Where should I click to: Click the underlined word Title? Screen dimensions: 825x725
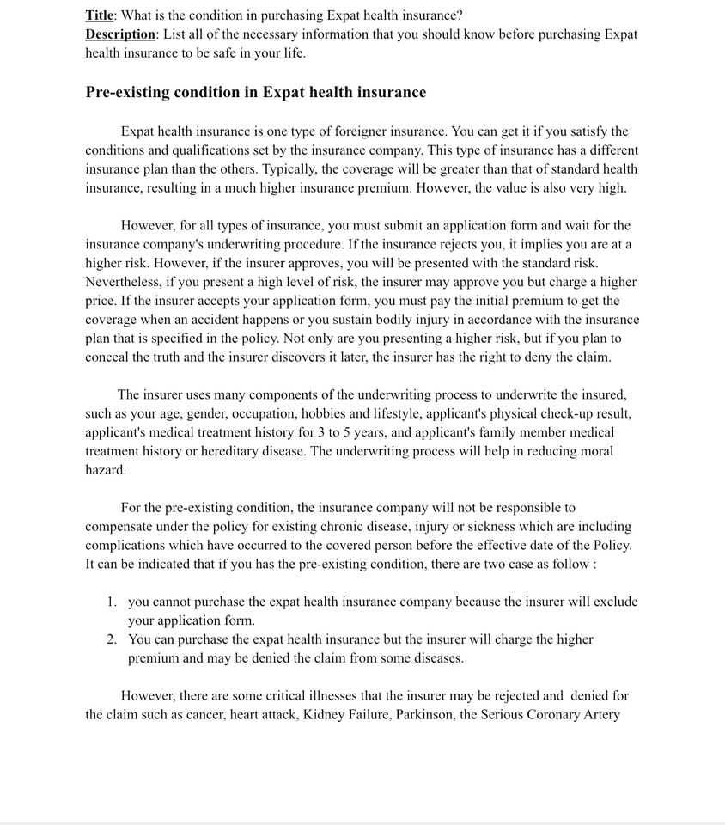[99, 15]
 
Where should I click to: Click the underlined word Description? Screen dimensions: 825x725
[120, 34]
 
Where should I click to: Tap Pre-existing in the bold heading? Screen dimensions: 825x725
[127, 92]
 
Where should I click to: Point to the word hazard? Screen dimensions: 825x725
[106, 470]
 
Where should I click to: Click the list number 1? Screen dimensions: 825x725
[112, 602]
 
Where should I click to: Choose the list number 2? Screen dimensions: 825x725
[112, 639]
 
